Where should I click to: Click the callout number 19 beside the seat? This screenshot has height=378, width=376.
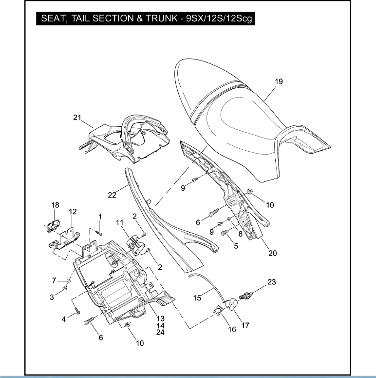point(279,82)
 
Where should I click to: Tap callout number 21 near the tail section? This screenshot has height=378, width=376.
point(76,118)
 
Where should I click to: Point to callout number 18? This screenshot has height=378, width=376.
point(55,205)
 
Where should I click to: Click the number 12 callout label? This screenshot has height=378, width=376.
point(73,212)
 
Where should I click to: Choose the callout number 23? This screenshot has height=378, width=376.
point(271,281)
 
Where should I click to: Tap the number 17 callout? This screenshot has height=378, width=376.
point(245,325)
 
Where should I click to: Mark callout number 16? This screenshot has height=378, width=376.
point(232,330)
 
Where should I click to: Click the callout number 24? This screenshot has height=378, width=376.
point(160,333)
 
